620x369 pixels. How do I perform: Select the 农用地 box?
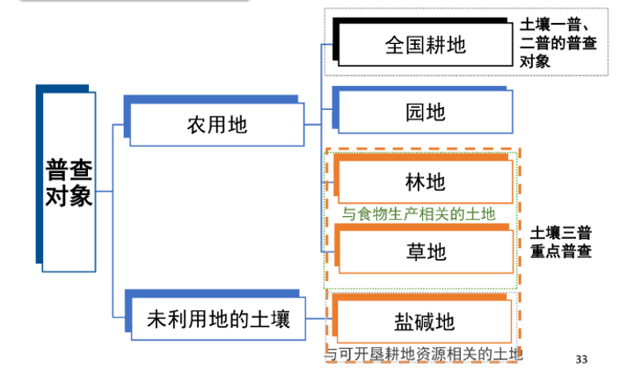pyautogui.click(x=216, y=125)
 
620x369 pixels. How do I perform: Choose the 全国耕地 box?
pyautogui.click(x=425, y=44)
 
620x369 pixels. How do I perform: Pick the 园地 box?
pyautogui.click(x=425, y=112)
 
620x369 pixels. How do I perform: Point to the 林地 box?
pyautogui.click(x=425, y=182)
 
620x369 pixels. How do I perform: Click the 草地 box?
pyautogui.click(x=425, y=252)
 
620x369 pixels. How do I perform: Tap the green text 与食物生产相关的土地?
pyautogui.click(x=419, y=213)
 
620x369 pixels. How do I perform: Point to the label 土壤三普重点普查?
pyautogui.click(x=560, y=242)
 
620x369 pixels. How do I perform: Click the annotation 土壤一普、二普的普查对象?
pyautogui.click(x=560, y=42)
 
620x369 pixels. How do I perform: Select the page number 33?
pyautogui.click(x=580, y=358)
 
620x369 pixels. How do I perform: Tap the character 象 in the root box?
pyautogui.click(x=81, y=196)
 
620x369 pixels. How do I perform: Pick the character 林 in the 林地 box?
pyautogui.click(x=415, y=182)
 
